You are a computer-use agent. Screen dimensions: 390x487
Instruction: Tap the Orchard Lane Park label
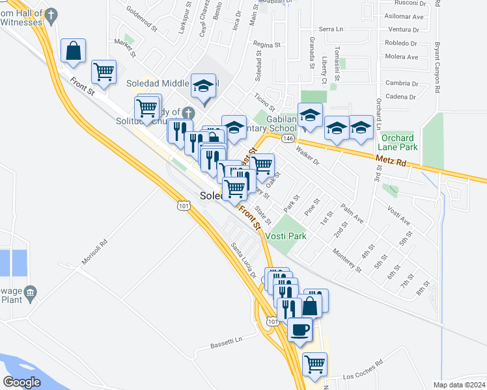click(398, 142)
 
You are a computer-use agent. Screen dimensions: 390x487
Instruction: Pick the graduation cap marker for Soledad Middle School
click(203, 85)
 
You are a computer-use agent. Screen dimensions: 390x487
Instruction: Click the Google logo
click(22, 382)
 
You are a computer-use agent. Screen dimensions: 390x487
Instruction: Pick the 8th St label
click(425, 287)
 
